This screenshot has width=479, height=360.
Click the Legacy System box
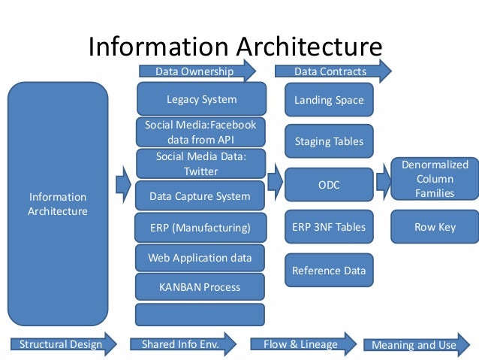point(201,99)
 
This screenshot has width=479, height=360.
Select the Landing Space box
point(329,100)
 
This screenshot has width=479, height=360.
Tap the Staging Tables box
point(329,141)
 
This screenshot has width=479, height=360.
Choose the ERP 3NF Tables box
point(329,227)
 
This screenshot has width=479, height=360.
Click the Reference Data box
point(329,271)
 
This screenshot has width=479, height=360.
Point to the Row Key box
point(435,227)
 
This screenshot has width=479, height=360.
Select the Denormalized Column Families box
point(435,179)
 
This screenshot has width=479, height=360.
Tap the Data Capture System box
point(200,196)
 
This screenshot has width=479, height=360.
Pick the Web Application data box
point(200,258)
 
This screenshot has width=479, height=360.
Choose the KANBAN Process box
point(200,286)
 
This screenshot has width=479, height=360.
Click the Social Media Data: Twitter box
point(200,164)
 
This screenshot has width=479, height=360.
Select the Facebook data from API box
point(200,132)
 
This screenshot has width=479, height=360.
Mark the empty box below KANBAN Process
point(200,314)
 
